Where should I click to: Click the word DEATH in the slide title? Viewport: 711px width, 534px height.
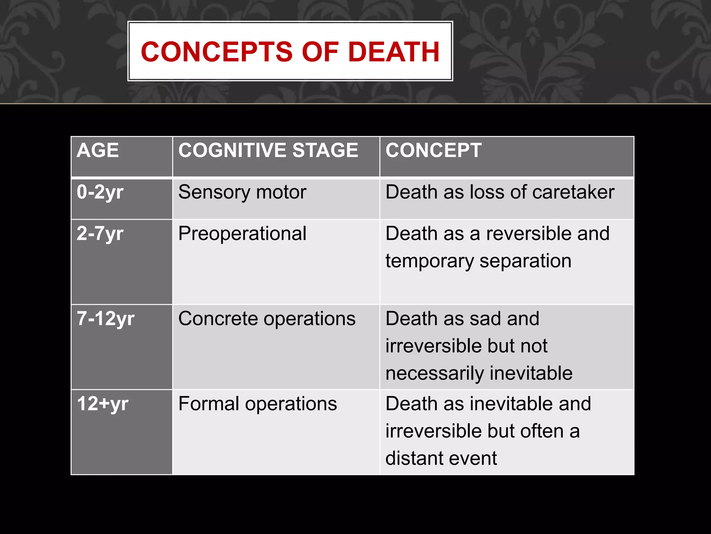click(394, 52)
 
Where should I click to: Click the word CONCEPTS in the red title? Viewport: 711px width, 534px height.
click(217, 52)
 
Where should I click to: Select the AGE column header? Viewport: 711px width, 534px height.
click(98, 151)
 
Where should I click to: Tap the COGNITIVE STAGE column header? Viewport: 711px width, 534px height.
click(268, 151)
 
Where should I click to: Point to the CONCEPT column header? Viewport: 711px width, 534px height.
click(433, 151)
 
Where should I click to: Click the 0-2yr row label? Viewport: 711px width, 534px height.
click(100, 192)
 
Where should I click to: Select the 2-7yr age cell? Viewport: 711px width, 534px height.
click(100, 234)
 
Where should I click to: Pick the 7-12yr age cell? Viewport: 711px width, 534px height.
click(106, 319)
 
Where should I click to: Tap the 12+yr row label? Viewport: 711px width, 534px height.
click(103, 404)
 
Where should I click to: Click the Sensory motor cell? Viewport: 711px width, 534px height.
click(242, 192)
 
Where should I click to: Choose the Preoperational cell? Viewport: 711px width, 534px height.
click(242, 234)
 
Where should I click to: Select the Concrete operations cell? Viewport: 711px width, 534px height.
click(267, 319)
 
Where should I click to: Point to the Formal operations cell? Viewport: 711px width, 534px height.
click(258, 404)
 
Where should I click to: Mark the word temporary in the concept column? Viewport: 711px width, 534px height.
click(429, 261)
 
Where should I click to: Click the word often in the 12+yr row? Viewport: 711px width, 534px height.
click(542, 431)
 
